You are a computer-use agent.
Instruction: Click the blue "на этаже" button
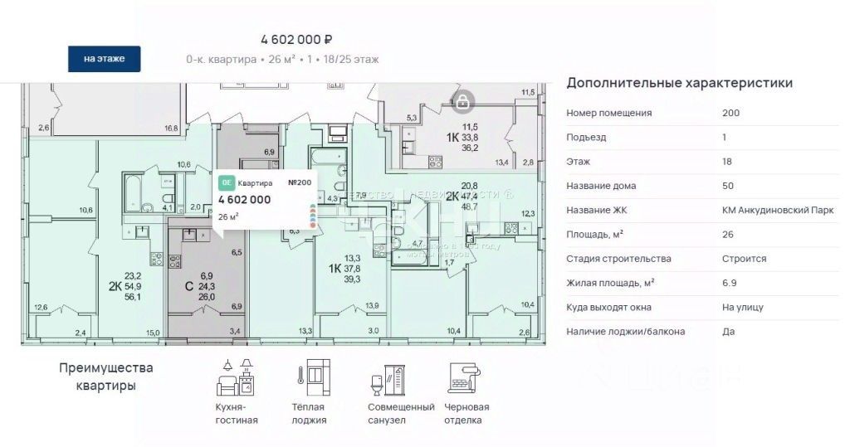click(104, 59)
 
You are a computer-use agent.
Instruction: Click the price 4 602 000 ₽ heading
click(296, 39)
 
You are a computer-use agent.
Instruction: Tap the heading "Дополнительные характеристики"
click(679, 83)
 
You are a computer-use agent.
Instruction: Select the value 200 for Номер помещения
click(731, 113)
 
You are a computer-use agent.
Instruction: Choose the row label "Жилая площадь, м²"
click(610, 283)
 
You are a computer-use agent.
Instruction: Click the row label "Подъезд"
click(584, 137)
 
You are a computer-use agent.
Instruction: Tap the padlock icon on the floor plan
click(462, 102)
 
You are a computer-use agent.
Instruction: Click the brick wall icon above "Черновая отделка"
click(465, 378)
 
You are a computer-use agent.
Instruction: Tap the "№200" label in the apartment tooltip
click(300, 182)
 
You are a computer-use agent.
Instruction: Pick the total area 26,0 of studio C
click(207, 296)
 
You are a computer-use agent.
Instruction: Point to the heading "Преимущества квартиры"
click(106, 377)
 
